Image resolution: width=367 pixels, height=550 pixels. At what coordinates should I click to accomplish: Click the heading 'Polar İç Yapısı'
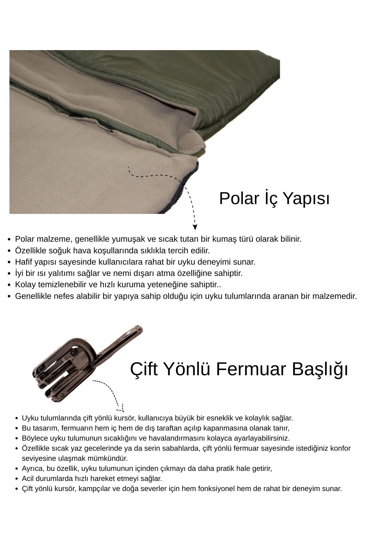click(x=274, y=199)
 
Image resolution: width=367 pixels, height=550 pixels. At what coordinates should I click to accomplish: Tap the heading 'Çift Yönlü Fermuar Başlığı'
click(x=239, y=369)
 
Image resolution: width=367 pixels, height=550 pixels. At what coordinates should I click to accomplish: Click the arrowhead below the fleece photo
click(x=195, y=227)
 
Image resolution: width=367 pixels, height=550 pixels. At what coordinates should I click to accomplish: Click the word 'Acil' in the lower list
click(x=28, y=479)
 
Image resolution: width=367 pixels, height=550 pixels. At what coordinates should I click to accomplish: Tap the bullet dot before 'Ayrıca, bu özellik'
click(x=16, y=469)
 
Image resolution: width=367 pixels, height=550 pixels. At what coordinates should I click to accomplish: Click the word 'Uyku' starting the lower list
click(x=28, y=418)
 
